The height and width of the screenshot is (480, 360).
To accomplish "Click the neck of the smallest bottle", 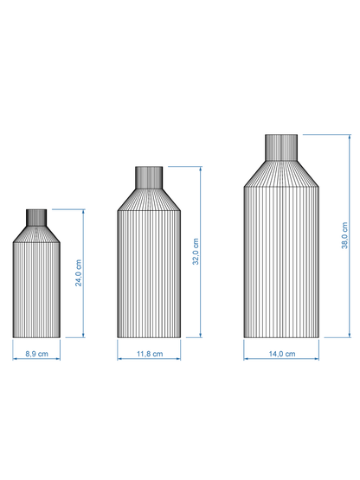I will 37,216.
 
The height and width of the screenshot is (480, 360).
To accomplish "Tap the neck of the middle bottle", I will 150,177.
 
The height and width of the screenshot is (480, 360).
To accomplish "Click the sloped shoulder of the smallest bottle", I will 37,234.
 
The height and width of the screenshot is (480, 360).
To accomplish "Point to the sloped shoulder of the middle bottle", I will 150,199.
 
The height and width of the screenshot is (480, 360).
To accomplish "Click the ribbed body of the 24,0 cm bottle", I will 37,290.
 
